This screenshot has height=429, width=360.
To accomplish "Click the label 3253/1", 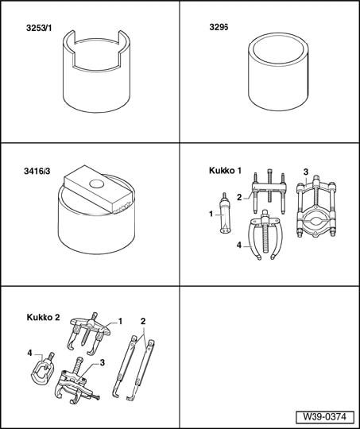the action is pyautogui.click(x=39, y=28).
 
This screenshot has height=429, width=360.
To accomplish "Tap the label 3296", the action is pyautogui.click(x=219, y=27).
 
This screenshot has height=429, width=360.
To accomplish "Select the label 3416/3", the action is pyautogui.click(x=37, y=172).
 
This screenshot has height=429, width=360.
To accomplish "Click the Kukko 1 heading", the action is pyautogui.click(x=225, y=171).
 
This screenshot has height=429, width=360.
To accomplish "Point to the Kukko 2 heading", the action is pyautogui.click(x=43, y=317).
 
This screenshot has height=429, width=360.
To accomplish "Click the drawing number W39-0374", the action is pyautogui.click(x=325, y=417).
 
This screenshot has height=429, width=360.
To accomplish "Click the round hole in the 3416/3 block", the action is pyautogui.click(x=97, y=184).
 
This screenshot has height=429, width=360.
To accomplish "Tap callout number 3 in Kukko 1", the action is pyautogui.click(x=306, y=172).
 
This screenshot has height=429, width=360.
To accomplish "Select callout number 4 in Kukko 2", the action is pyautogui.click(x=29, y=354).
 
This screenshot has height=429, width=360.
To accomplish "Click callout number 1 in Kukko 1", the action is pyautogui.click(x=211, y=214).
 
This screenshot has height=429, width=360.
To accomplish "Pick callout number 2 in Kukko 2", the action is pyautogui.click(x=143, y=321).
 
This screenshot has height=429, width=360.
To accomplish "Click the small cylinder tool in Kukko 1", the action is pyautogui.click(x=225, y=213).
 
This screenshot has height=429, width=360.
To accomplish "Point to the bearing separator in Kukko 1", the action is pyautogui.click(x=316, y=207).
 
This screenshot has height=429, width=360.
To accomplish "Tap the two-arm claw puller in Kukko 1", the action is pyautogui.click(x=264, y=234).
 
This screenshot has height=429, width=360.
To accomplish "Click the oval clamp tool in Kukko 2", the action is pyautogui.click(x=42, y=369).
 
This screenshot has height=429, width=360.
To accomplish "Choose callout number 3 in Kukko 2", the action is pyautogui.click(x=102, y=363).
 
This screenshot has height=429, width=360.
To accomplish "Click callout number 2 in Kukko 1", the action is pyautogui.click(x=239, y=197).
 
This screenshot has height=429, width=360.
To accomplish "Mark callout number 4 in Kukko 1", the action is pyautogui.click(x=239, y=245).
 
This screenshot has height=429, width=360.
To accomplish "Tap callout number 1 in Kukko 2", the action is pyautogui.click(x=120, y=321).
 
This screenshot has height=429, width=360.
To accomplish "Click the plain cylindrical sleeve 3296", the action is pyautogui.click(x=278, y=72).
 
